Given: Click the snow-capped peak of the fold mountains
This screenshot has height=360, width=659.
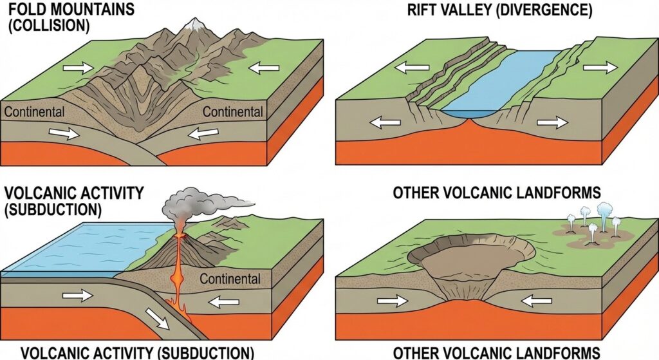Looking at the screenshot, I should [192, 26].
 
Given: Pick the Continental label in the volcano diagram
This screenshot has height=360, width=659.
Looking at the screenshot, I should [230, 279].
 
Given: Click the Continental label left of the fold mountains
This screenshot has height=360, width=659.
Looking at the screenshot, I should [34, 112].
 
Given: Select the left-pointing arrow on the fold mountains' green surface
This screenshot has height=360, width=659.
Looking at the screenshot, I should [265, 66].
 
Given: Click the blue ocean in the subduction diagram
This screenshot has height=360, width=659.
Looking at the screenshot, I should [77, 248].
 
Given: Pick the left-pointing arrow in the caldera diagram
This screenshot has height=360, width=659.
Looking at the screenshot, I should [535, 300].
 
